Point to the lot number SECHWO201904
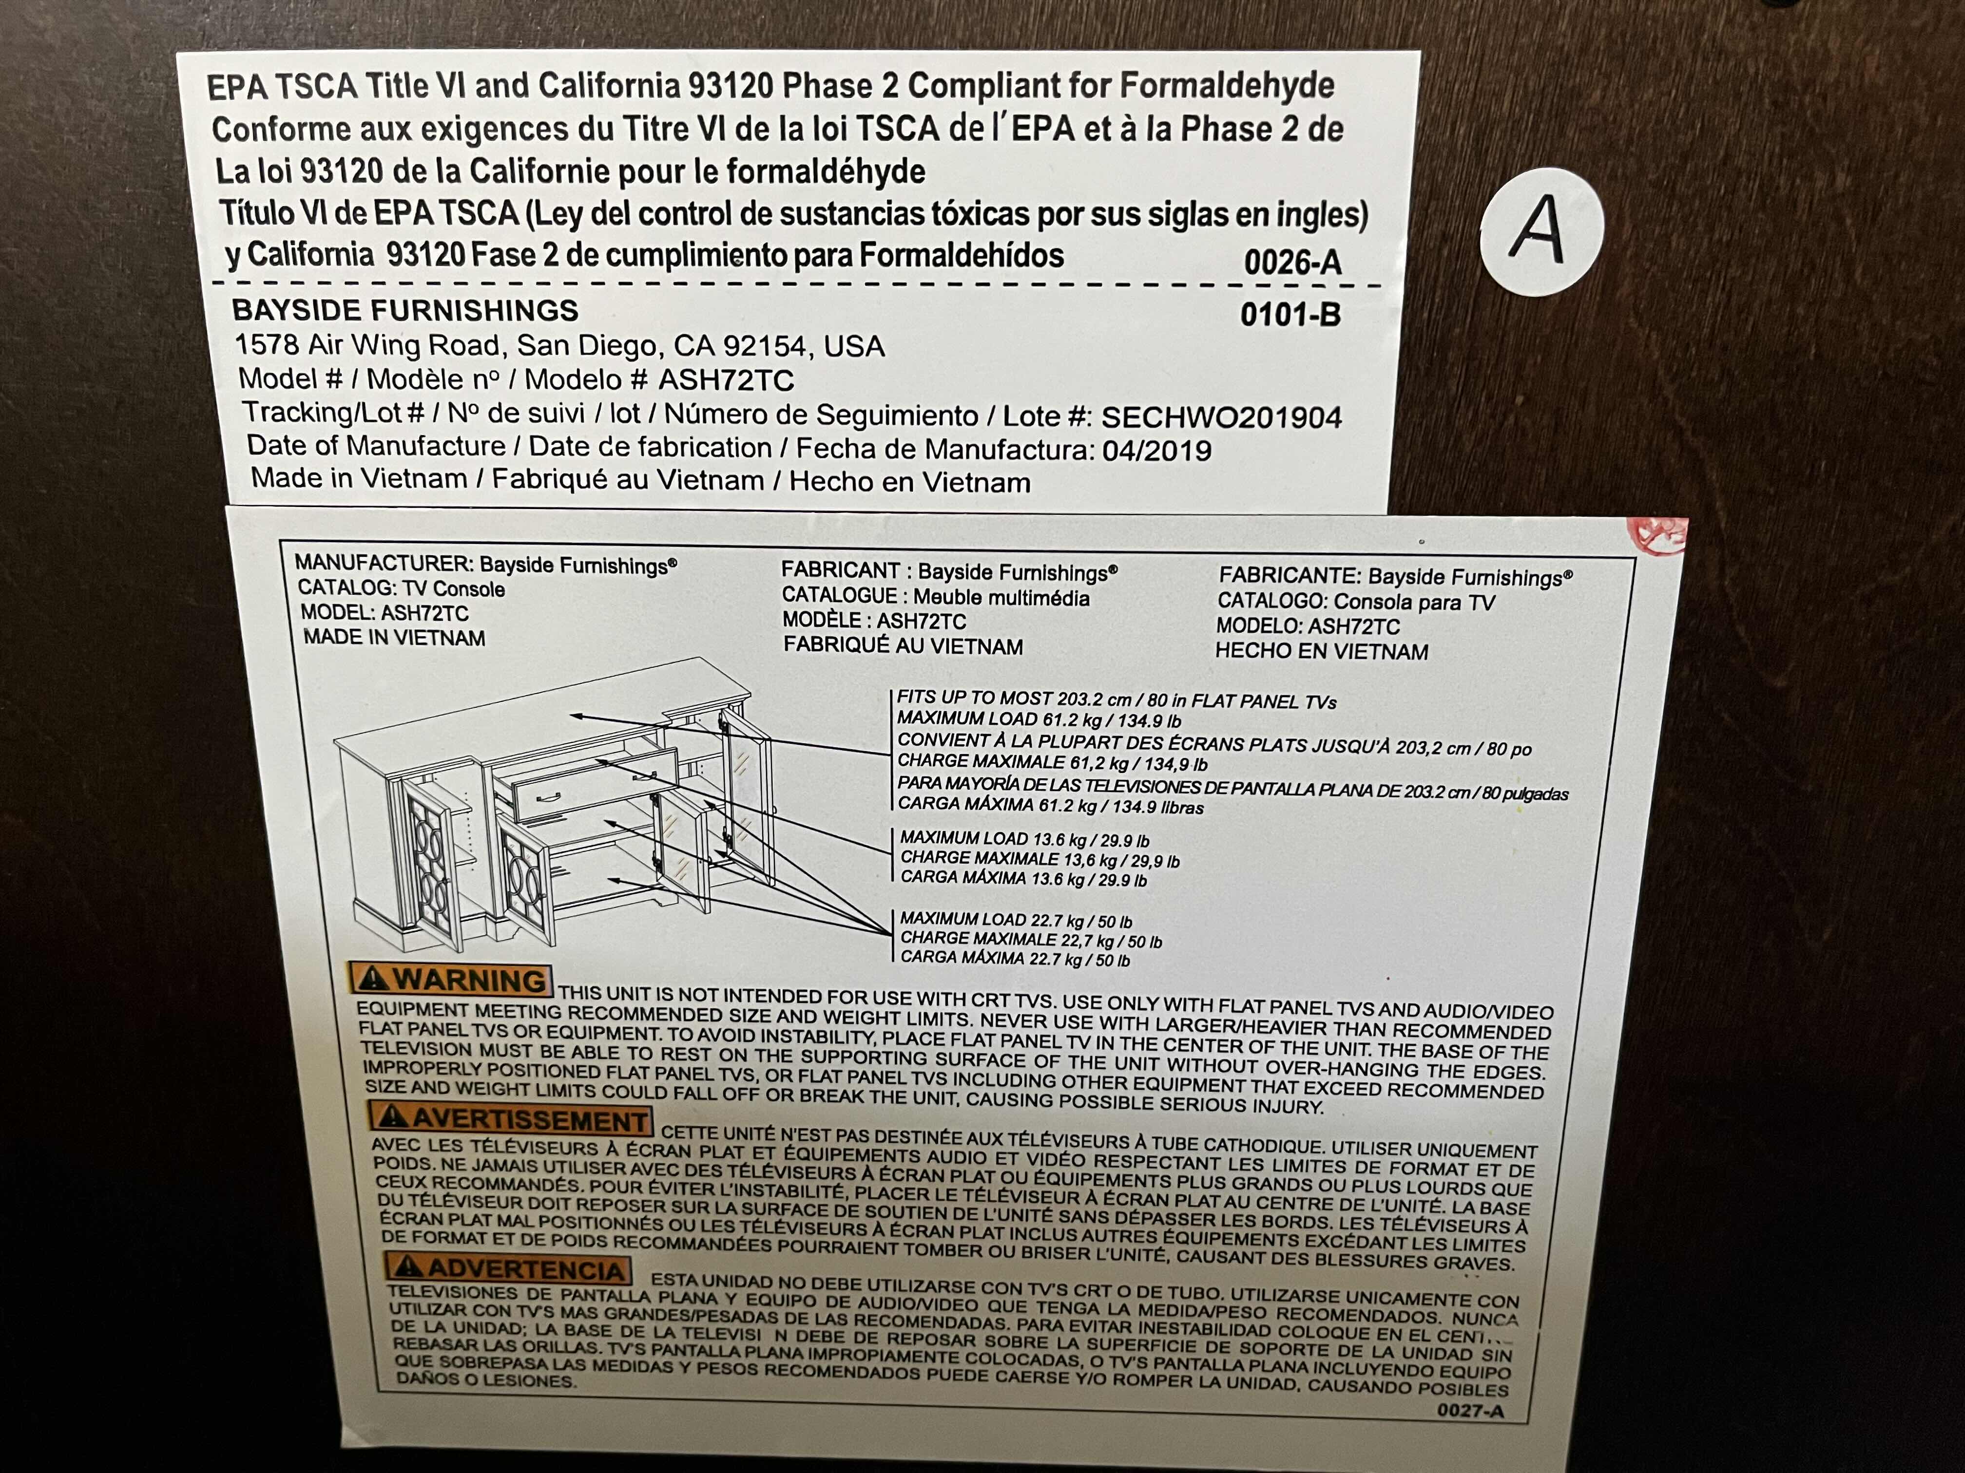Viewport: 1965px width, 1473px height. pyautogui.click(x=1221, y=417)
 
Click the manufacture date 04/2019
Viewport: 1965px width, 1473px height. pyautogui.click(x=1156, y=451)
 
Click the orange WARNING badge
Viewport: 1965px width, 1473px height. pyautogui.click(x=451, y=980)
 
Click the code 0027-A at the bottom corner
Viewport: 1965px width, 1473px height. pyautogui.click(x=1470, y=1410)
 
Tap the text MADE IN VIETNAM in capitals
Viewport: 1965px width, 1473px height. pyautogui.click(x=394, y=638)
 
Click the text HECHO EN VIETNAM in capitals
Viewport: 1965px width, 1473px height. pyautogui.click(x=1322, y=651)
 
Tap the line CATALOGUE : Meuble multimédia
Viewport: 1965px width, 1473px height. pyautogui.click(x=935, y=597)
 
